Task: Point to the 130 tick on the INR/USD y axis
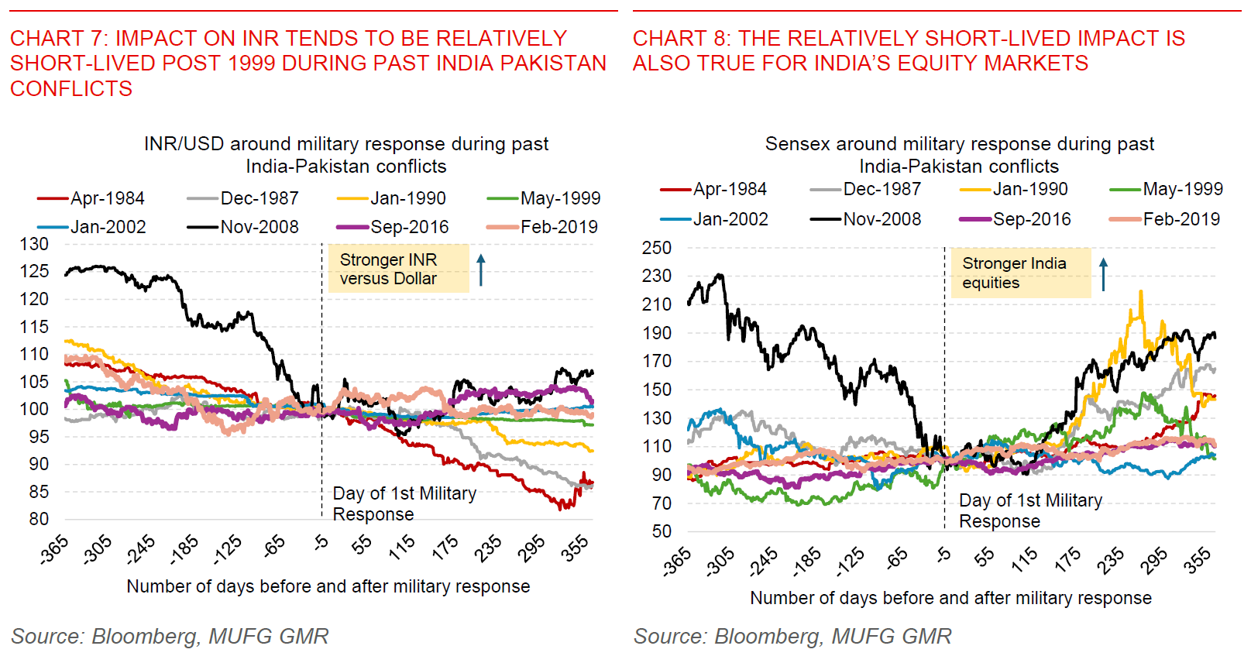[34, 244]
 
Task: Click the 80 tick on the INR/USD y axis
[39, 519]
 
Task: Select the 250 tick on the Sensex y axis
[657, 248]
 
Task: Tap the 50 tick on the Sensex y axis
[662, 531]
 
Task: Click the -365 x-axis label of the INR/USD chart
[54, 549]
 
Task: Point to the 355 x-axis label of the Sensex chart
[1198, 559]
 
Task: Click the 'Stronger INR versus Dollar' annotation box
[398, 269]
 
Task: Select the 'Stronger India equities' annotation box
[1020, 273]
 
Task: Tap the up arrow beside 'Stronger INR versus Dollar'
[481, 270]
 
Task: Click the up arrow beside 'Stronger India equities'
[1104, 274]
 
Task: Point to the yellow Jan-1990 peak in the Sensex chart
[1140, 292]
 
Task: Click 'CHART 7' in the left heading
[58, 39]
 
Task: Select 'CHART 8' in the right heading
[681, 39]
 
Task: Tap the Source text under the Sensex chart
[792, 637]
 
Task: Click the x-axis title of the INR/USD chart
[328, 586]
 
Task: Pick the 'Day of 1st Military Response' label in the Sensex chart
[1030, 510]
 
